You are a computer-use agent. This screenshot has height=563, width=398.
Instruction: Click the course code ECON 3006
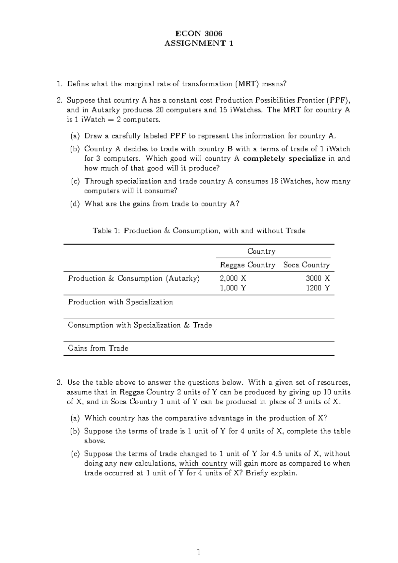(x=199, y=34)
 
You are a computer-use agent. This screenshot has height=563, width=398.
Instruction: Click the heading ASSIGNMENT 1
(x=199, y=43)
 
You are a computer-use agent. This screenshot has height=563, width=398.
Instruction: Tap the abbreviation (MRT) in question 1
(x=246, y=84)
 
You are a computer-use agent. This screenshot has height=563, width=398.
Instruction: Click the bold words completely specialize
(x=284, y=159)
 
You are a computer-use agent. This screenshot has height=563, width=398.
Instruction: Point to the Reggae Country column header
(x=248, y=265)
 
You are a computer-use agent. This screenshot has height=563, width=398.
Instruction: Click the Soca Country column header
(x=306, y=265)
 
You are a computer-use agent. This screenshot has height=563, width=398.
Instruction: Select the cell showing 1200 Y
(x=318, y=288)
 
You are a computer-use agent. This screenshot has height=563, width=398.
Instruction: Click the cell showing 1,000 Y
(x=233, y=288)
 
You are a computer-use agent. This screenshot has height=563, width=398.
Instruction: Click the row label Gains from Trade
(x=98, y=348)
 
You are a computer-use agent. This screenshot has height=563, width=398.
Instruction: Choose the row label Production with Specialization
(x=120, y=302)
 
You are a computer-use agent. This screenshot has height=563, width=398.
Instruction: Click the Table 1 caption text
(x=199, y=231)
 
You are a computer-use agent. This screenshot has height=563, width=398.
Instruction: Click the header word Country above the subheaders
(x=261, y=251)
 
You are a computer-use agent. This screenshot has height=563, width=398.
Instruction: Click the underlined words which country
(x=203, y=463)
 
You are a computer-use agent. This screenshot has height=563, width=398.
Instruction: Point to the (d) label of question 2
(x=75, y=204)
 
